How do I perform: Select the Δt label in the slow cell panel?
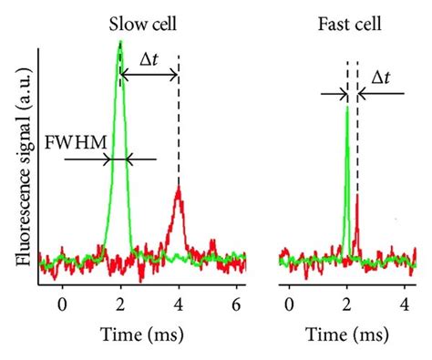coord(149,59)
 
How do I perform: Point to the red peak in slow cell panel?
coord(179,193)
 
